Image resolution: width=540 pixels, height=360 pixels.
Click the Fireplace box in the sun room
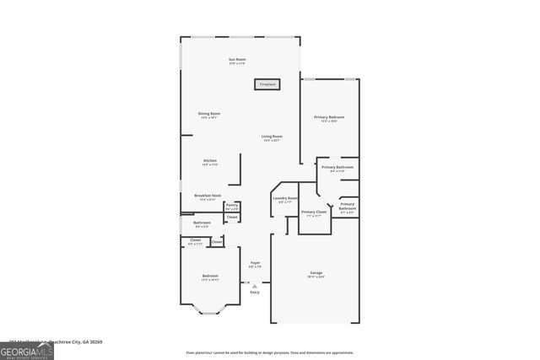267,84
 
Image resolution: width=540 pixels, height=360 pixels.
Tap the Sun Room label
236,60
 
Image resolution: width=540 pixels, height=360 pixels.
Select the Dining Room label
209,115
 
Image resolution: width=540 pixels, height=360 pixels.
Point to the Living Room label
271,137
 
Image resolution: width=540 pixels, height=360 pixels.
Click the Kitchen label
209,162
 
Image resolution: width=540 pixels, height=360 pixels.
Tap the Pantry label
231,206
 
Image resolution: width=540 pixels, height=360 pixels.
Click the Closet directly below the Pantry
231,218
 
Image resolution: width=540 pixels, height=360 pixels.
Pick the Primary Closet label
313,213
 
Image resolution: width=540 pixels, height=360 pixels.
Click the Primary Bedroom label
329,118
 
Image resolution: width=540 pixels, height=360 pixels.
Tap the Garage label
316,273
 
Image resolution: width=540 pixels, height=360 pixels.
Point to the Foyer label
255,264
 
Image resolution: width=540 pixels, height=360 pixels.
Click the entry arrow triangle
254,285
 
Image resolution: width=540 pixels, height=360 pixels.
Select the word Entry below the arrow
254,292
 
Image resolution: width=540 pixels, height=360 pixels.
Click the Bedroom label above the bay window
209,277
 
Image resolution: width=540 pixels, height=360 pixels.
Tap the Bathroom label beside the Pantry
202,224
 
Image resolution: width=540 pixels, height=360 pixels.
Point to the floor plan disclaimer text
270,352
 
